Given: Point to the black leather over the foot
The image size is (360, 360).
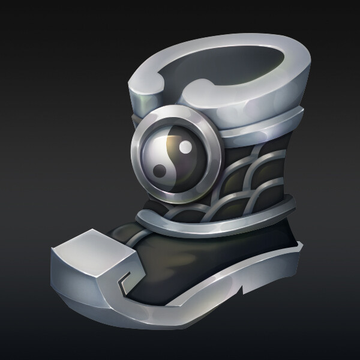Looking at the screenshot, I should click(198, 252).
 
